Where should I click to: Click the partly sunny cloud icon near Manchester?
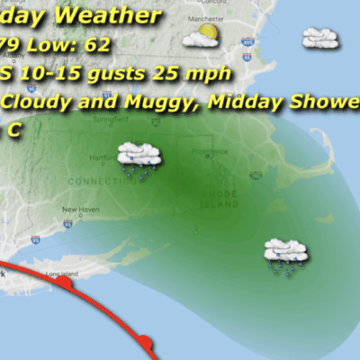201,36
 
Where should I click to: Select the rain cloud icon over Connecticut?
139,157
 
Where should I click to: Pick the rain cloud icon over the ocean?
285,255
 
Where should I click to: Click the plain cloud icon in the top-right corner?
320,38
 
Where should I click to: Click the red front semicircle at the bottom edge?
147,343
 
